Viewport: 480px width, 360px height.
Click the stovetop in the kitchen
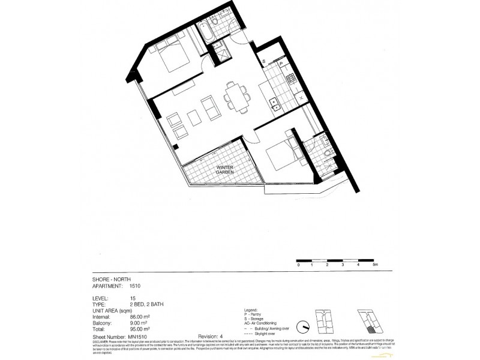tap(290, 79)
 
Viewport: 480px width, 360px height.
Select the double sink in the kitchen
tap(277, 105)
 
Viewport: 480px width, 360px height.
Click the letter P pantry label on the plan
tap(280, 61)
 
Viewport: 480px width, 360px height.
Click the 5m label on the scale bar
tap(375, 265)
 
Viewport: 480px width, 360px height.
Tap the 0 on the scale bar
tap(298, 265)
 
